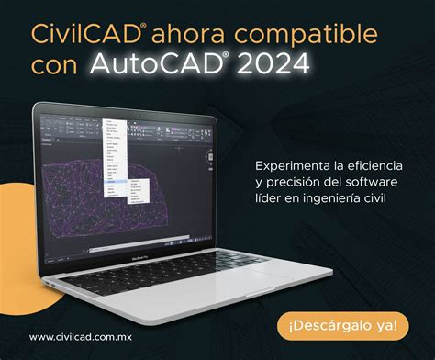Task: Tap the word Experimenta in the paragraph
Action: pyautogui.click(x=292, y=165)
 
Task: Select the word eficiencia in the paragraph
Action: pyautogui.click(x=375, y=165)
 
